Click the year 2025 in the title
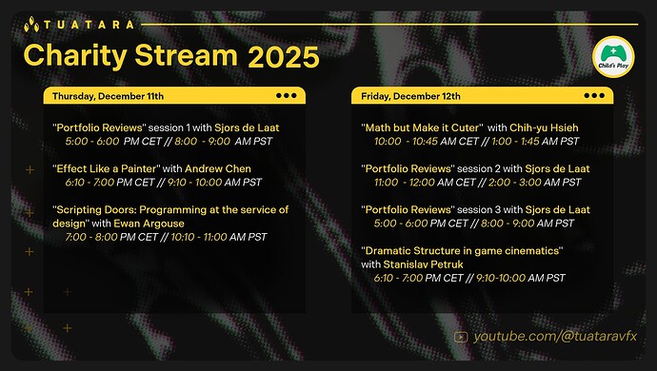(283, 56)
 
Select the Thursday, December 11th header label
(108, 96)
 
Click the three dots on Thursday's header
(286, 96)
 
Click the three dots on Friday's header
(593, 96)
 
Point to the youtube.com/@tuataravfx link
(553, 336)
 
